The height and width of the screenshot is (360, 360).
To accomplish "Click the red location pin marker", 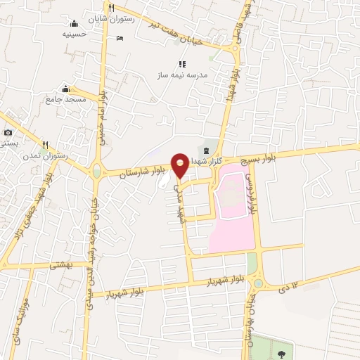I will pyautogui.click(x=181, y=165).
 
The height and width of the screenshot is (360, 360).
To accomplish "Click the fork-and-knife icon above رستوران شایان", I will pyautogui.click(x=111, y=8).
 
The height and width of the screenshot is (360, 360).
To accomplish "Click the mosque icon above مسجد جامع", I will pyautogui.click(x=66, y=89).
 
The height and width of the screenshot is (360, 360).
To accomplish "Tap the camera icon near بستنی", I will pyautogui.click(x=8, y=133).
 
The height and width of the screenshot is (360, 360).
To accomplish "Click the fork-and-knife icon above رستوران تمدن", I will pyautogui.click(x=45, y=145).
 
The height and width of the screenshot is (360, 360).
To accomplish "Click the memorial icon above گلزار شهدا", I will pyautogui.click(x=206, y=150).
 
